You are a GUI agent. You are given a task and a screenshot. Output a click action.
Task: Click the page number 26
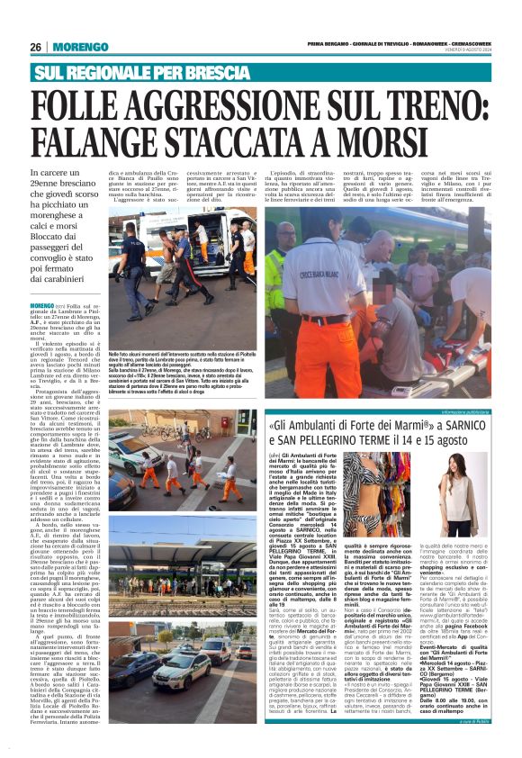point(35,47)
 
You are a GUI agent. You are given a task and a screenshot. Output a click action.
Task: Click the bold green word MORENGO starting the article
point(42,307)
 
